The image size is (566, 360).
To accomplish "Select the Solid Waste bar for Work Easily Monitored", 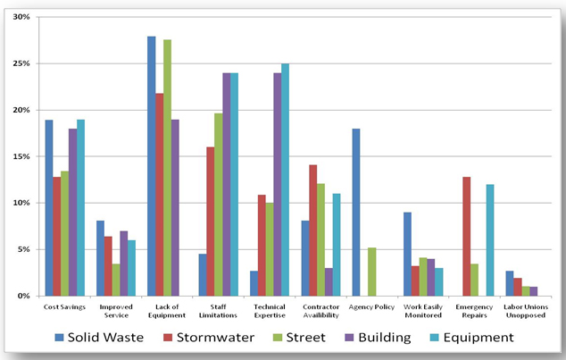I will (408, 254).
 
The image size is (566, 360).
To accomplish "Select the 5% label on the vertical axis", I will (24, 249).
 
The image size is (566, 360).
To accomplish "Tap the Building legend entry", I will (374, 337).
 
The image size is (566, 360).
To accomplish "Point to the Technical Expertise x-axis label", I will (269, 310).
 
